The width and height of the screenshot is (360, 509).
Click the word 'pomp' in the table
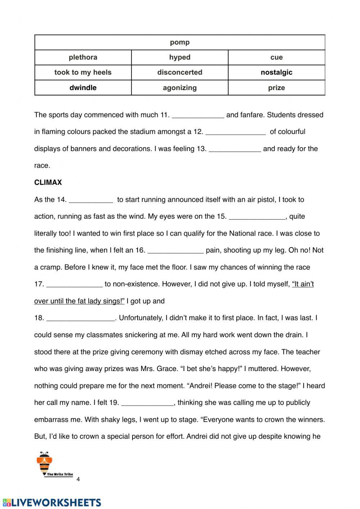(x=180, y=43)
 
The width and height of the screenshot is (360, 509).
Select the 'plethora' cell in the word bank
(x=83, y=57)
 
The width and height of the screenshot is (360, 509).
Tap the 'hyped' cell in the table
(x=180, y=57)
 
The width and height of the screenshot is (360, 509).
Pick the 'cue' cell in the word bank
(x=276, y=57)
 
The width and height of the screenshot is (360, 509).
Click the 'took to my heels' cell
(x=83, y=72)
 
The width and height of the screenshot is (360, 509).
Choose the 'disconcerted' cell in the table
(x=180, y=72)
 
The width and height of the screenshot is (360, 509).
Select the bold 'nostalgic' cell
(x=276, y=72)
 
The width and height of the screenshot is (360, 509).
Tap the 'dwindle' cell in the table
(x=83, y=88)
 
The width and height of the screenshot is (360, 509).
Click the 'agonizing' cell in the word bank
(x=180, y=88)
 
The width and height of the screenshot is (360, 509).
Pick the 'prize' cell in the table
(x=276, y=88)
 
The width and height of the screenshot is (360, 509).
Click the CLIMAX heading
(x=48, y=183)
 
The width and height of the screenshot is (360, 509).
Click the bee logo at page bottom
(x=45, y=464)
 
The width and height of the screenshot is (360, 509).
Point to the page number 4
(x=78, y=479)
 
